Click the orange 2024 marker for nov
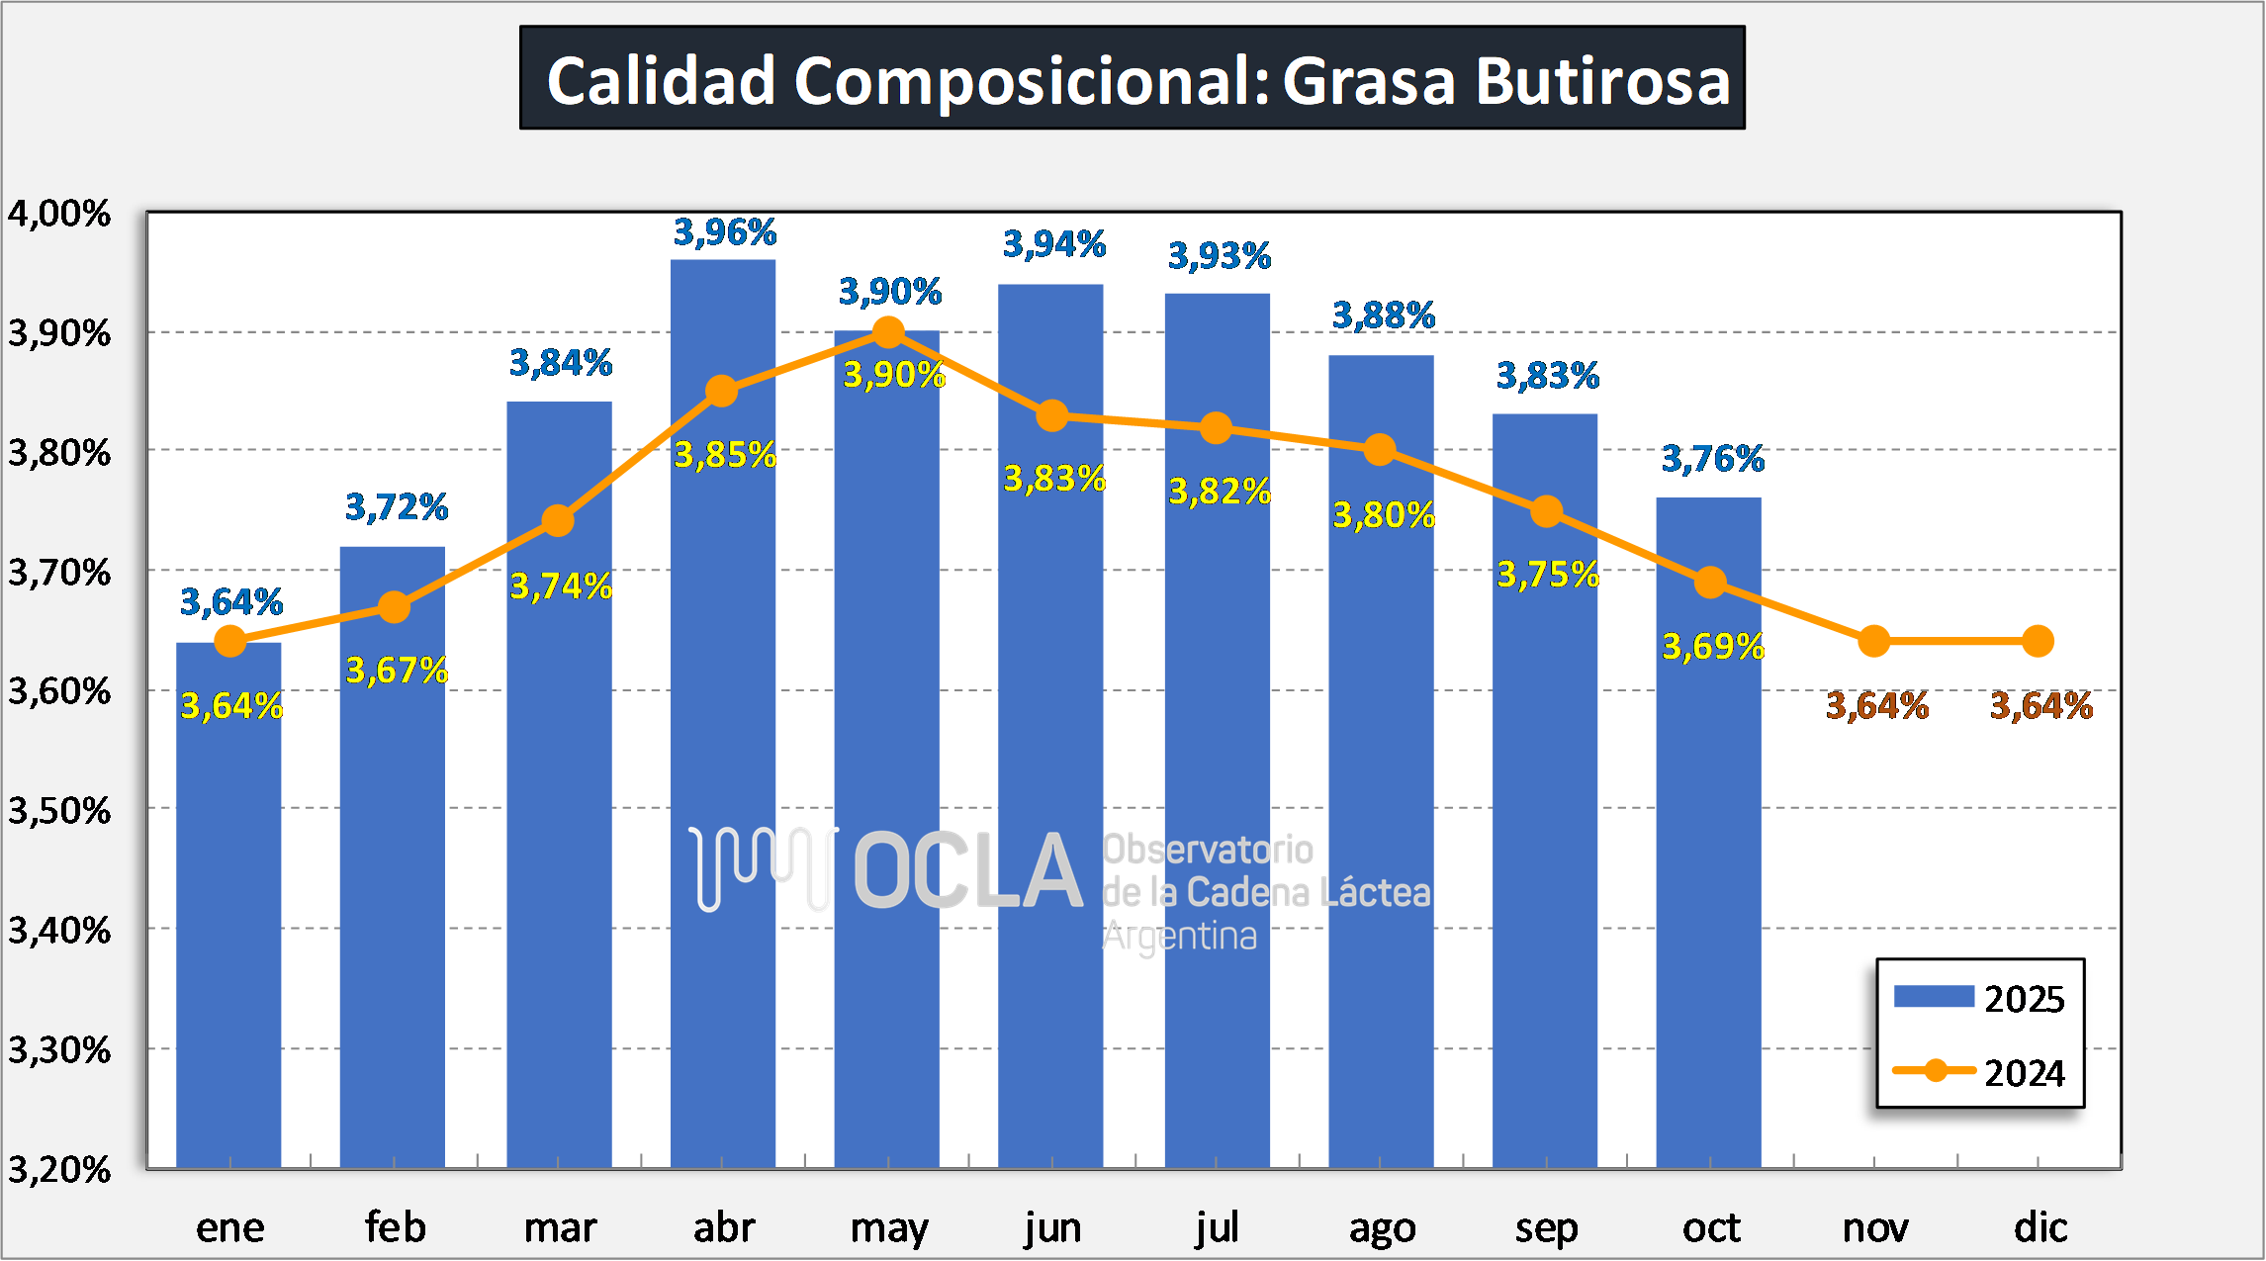(1873, 641)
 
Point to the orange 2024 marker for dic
(2038, 641)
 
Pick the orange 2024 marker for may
(888, 332)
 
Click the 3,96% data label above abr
(725, 232)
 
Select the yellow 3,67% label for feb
(397, 671)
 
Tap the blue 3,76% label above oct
(1712, 458)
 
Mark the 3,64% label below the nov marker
(1876, 706)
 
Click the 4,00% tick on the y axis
(59, 214)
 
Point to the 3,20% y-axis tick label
(59, 1170)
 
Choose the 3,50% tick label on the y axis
(59, 811)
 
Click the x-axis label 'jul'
(1217, 1228)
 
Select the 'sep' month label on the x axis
(1546, 1228)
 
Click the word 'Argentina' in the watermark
(1179, 936)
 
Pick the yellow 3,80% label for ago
(1384, 515)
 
